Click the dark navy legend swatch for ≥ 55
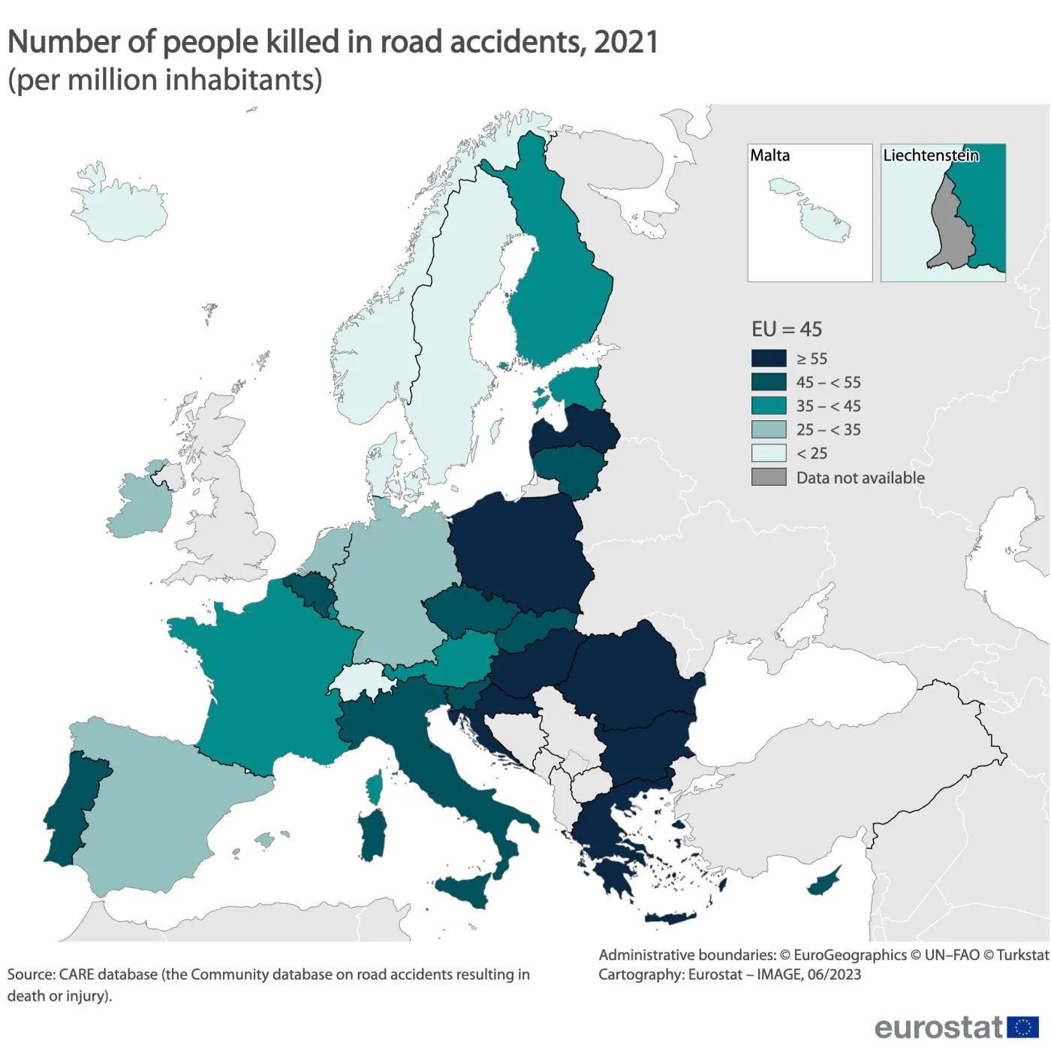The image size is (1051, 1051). point(769,358)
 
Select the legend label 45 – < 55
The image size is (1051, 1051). point(828,382)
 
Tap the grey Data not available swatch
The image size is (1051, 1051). point(769,477)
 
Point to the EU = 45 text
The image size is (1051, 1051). point(786,329)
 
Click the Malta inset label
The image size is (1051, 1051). point(769,155)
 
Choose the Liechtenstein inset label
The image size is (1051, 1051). point(930,155)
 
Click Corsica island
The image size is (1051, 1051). point(374,787)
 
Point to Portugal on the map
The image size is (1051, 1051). point(71,811)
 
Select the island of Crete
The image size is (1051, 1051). point(670,918)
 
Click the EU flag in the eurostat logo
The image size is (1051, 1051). point(1022,1026)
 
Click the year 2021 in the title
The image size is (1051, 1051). point(625,42)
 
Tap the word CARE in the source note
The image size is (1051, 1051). point(76,974)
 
